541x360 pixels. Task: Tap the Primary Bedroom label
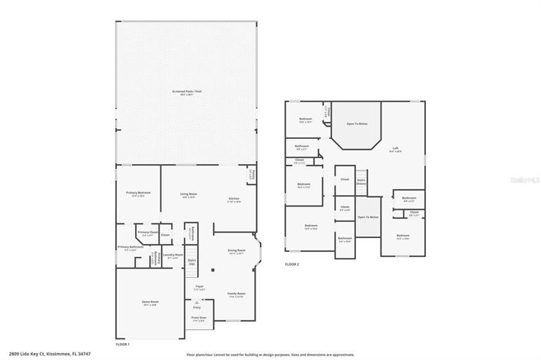[138, 193]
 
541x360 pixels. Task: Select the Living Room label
[189, 195]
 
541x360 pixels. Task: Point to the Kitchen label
[234, 200]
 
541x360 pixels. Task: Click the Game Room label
[150, 302]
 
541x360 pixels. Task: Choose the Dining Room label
[236, 252]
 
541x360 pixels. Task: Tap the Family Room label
[235, 294]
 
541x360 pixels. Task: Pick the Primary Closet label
[147, 233]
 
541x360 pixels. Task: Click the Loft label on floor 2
[395, 150]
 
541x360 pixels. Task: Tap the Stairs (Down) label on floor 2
[361, 182]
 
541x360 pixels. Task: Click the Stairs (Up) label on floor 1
[192, 262]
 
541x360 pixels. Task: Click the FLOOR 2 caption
[292, 263]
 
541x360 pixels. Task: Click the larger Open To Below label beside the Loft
[356, 124]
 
